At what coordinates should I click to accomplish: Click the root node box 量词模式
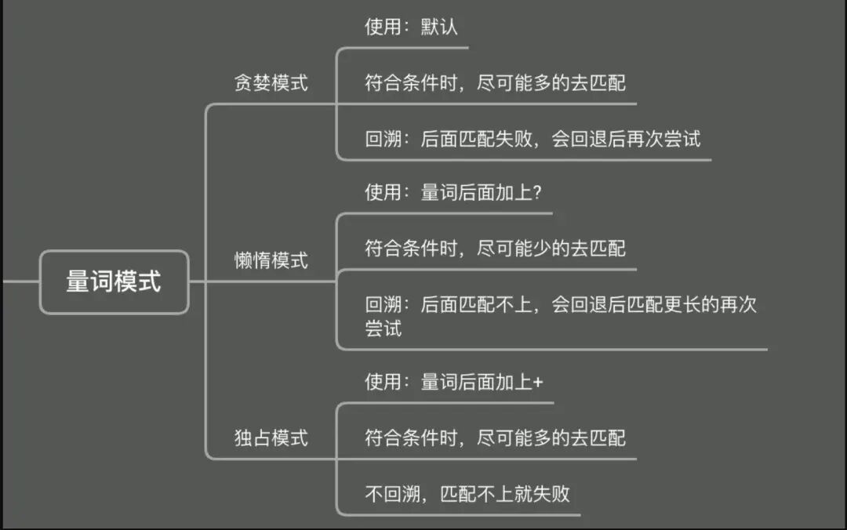click(x=114, y=281)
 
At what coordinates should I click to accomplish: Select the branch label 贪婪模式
click(x=271, y=83)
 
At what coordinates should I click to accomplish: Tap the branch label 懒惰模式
click(x=271, y=260)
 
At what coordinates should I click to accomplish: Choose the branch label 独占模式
click(x=271, y=437)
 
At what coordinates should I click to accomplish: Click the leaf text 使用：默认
click(x=411, y=27)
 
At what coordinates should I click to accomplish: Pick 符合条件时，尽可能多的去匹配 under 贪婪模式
click(x=496, y=82)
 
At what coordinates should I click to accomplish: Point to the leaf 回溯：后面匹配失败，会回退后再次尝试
click(x=533, y=140)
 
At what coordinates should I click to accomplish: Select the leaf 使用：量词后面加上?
click(x=453, y=193)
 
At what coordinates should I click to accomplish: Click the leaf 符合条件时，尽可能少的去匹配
click(x=496, y=249)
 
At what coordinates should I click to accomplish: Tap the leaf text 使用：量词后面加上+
click(x=454, y=383)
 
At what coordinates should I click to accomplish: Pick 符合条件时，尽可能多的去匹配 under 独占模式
click(x=496, y=437)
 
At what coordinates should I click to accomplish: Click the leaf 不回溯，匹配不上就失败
click(x=467, y=494)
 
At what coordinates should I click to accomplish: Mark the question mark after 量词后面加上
click(x=537, y=193)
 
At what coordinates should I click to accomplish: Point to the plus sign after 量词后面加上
click(x=538, y=383)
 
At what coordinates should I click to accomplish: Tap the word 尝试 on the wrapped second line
click(x=384, y=329)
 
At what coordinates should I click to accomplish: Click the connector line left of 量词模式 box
click(x=19, y=281)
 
